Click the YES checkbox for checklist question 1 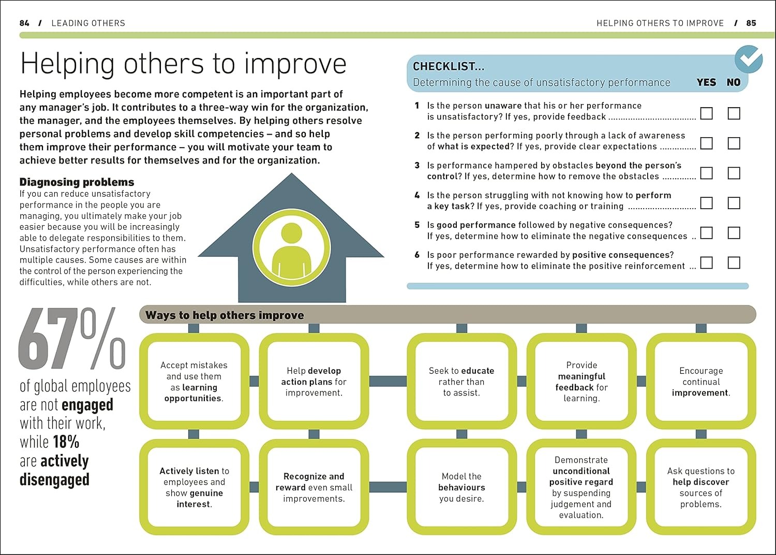click(706, 113)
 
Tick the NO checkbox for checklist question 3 click(734, 173)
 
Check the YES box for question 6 click(706, 262)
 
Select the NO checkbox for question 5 click(734, 232)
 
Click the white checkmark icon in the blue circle click(748, 60)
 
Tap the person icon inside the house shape click(291, 247)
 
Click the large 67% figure click(72, 339)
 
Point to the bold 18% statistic click(66, 442)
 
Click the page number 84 click(24, 23)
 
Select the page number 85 click(751, 23)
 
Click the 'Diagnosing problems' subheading click(77, 182)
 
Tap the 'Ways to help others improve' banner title click(225, 315)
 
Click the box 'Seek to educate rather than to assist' click(461, 382)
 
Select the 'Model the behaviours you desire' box click(461, 487)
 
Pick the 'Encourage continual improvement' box click(701, 382)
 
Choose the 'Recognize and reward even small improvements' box click(314, 487)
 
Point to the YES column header click(706, 82)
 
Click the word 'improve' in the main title click(295, 64)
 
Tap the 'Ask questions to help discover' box click(701, 487)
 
